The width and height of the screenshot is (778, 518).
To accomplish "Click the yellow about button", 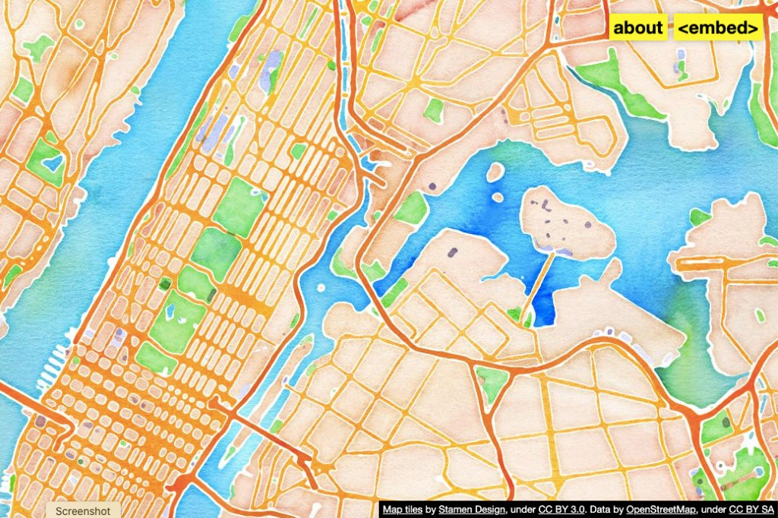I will [638, 28].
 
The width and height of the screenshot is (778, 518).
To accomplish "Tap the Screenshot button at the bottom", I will [83, 511].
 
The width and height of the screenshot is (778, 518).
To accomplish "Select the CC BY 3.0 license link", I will [561, 510].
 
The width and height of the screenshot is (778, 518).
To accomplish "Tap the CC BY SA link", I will [751, 510].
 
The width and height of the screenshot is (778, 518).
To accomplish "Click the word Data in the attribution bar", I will [602, 510].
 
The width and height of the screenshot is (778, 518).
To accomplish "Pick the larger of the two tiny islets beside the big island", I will [495, 172].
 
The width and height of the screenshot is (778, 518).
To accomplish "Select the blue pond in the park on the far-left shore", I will [51, 162].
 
